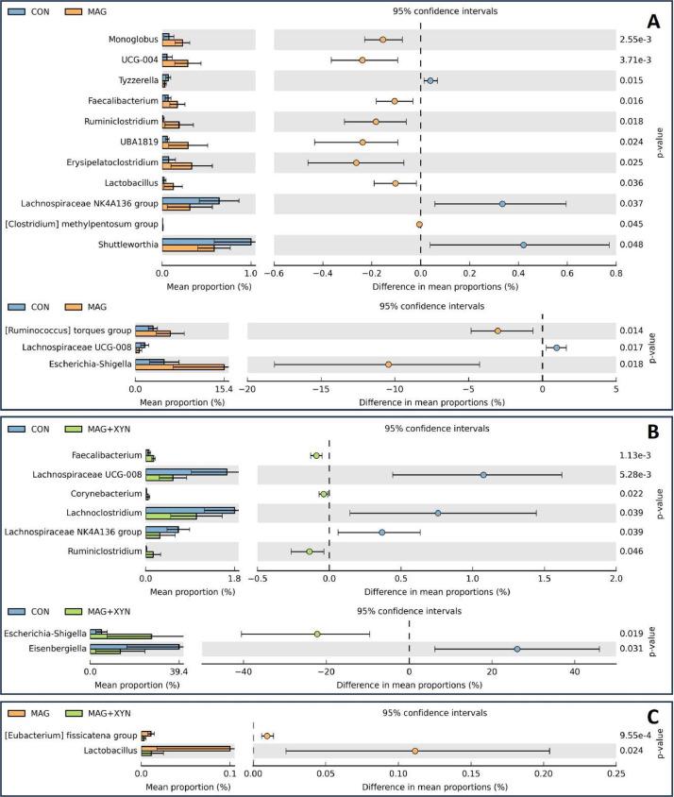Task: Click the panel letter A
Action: (652, 21)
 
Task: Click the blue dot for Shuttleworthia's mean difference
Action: (523, 245)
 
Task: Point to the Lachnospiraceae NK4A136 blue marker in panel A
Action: (502, 204)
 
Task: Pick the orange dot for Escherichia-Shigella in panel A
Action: (388, 365)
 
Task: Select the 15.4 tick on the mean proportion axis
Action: (224, 388)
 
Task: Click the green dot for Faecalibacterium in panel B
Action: (316, 455)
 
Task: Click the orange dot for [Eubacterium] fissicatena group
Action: (268, 735)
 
